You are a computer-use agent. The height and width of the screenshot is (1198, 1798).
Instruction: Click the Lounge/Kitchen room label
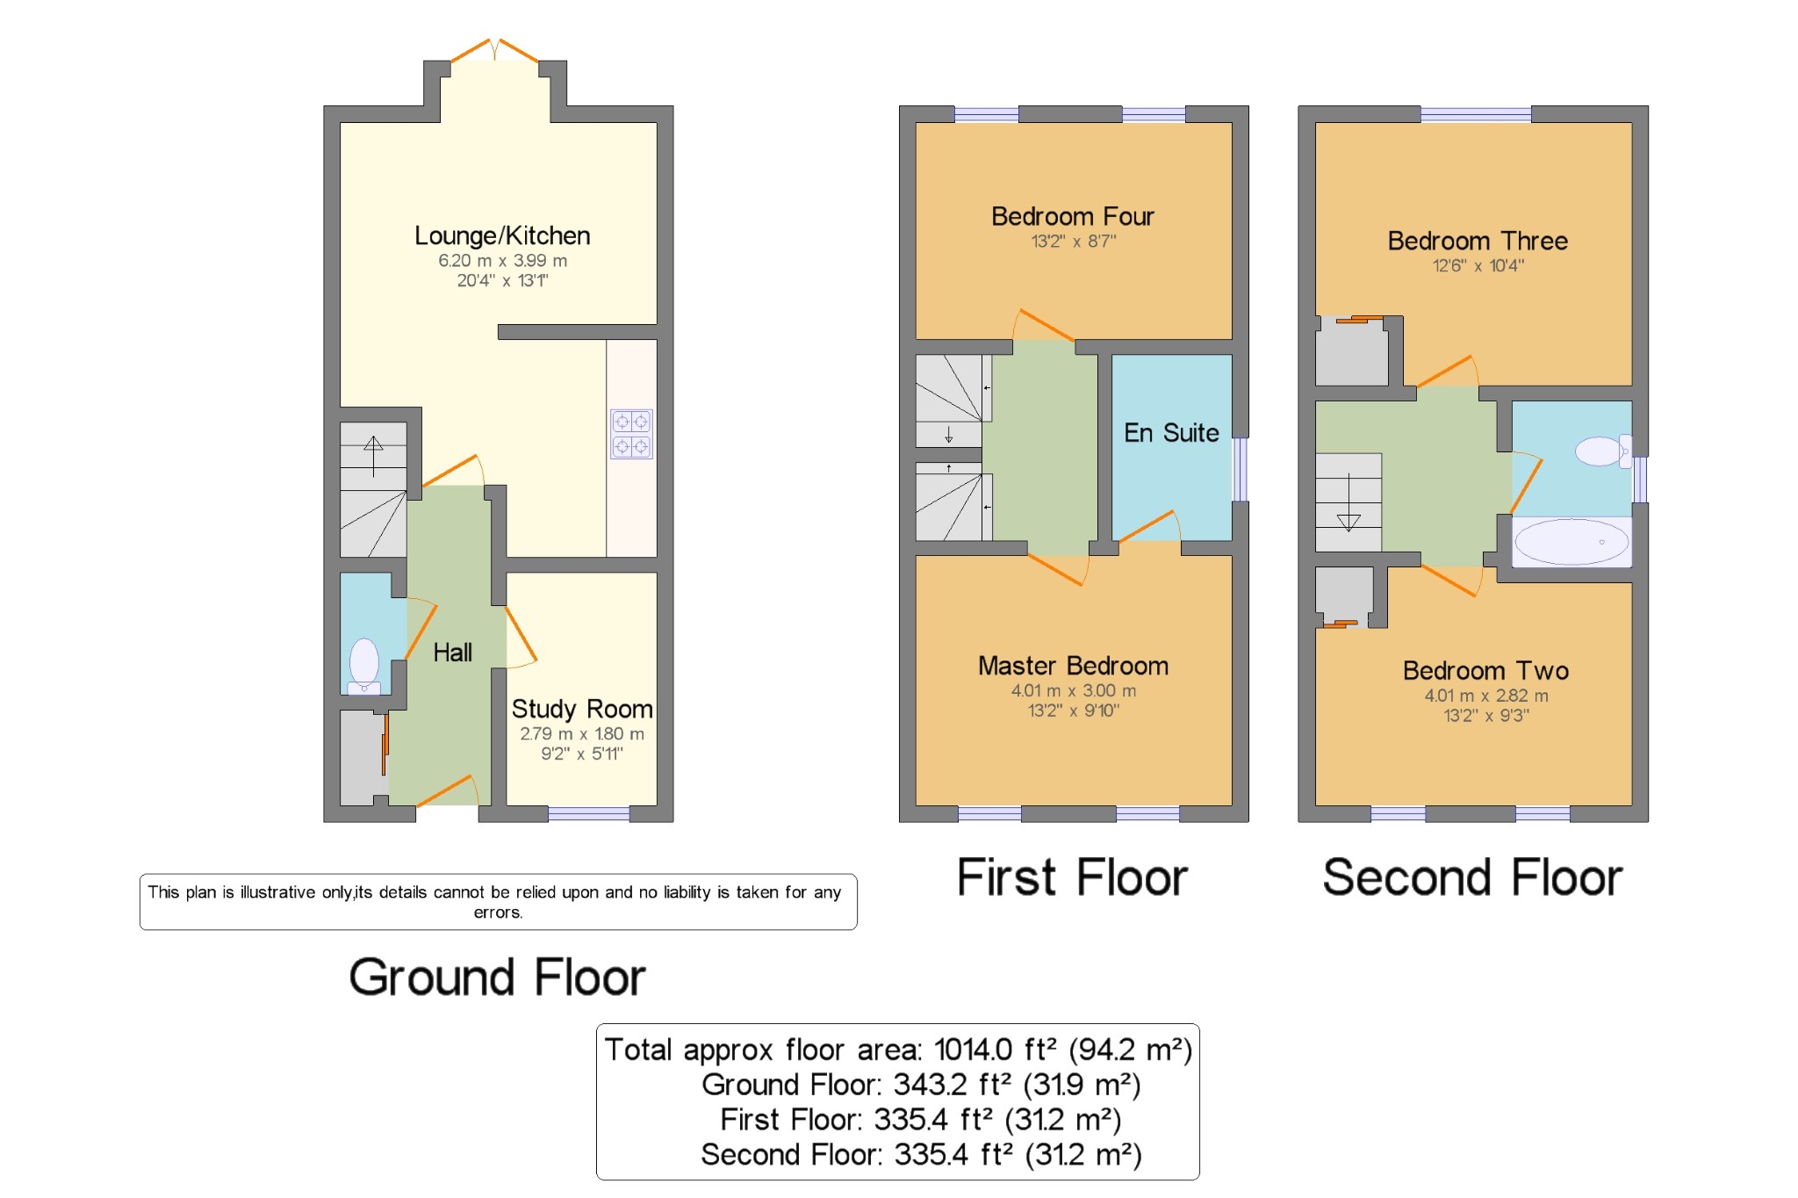tap(502, 235)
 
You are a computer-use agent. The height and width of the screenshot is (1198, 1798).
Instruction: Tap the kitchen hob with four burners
tap(631, 434)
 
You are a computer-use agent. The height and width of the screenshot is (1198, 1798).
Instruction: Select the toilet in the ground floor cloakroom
tap(364, 664)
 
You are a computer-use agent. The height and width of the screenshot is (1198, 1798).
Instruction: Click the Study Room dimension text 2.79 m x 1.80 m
tap(581, 733)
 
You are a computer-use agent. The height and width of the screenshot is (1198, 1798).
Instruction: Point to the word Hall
tap(452, 653)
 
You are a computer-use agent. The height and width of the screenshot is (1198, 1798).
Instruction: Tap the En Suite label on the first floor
tap(1171, 433)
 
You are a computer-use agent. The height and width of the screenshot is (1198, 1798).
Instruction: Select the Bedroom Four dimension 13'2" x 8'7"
tap(1073, 241)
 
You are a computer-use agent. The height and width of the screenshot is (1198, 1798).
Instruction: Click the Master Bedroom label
tap(1073, 666)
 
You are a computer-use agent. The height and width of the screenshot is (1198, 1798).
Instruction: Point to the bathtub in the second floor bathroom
tap(1571, 542)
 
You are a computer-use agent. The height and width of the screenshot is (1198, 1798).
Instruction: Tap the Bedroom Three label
tap(1477, 241)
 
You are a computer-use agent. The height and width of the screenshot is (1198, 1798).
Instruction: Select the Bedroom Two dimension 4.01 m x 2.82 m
tap(1485, 696)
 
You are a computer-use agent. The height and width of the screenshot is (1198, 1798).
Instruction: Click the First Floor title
tap(1071, 877)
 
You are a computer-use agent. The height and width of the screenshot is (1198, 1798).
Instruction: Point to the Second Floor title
tap(1472, 877)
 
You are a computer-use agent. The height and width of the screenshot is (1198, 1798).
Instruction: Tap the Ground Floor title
tap(497, 977)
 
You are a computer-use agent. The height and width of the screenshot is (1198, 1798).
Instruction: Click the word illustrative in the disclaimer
tap(278, 892)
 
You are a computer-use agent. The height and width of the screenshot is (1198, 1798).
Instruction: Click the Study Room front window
tap(589, 814)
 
